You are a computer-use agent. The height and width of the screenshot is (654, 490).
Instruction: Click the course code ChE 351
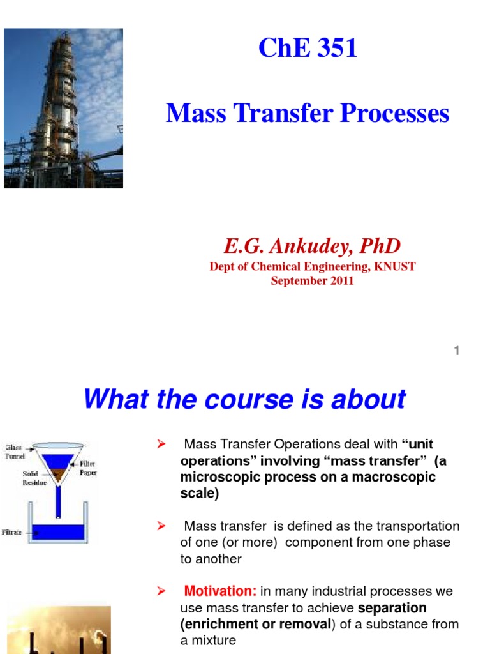308,49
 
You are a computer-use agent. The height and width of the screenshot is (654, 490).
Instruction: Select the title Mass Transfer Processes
308,114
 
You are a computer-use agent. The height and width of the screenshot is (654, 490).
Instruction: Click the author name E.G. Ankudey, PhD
312,245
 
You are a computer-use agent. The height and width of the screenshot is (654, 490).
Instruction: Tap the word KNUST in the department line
396,266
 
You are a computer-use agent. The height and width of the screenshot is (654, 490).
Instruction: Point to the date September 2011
312,280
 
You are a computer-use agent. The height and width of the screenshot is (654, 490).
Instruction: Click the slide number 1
457,350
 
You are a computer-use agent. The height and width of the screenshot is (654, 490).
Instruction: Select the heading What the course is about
244,399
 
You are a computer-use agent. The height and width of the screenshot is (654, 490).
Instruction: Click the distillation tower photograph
63,108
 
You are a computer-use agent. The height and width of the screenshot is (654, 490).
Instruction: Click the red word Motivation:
221,591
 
